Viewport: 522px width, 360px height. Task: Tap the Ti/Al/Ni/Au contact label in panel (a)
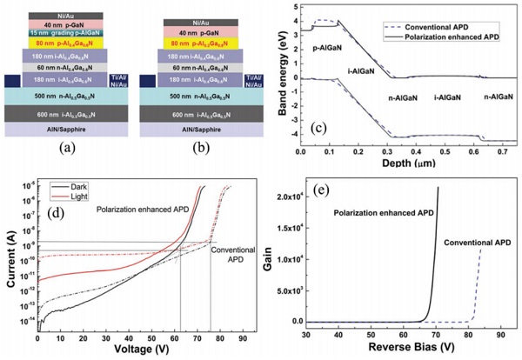(121, 81)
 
